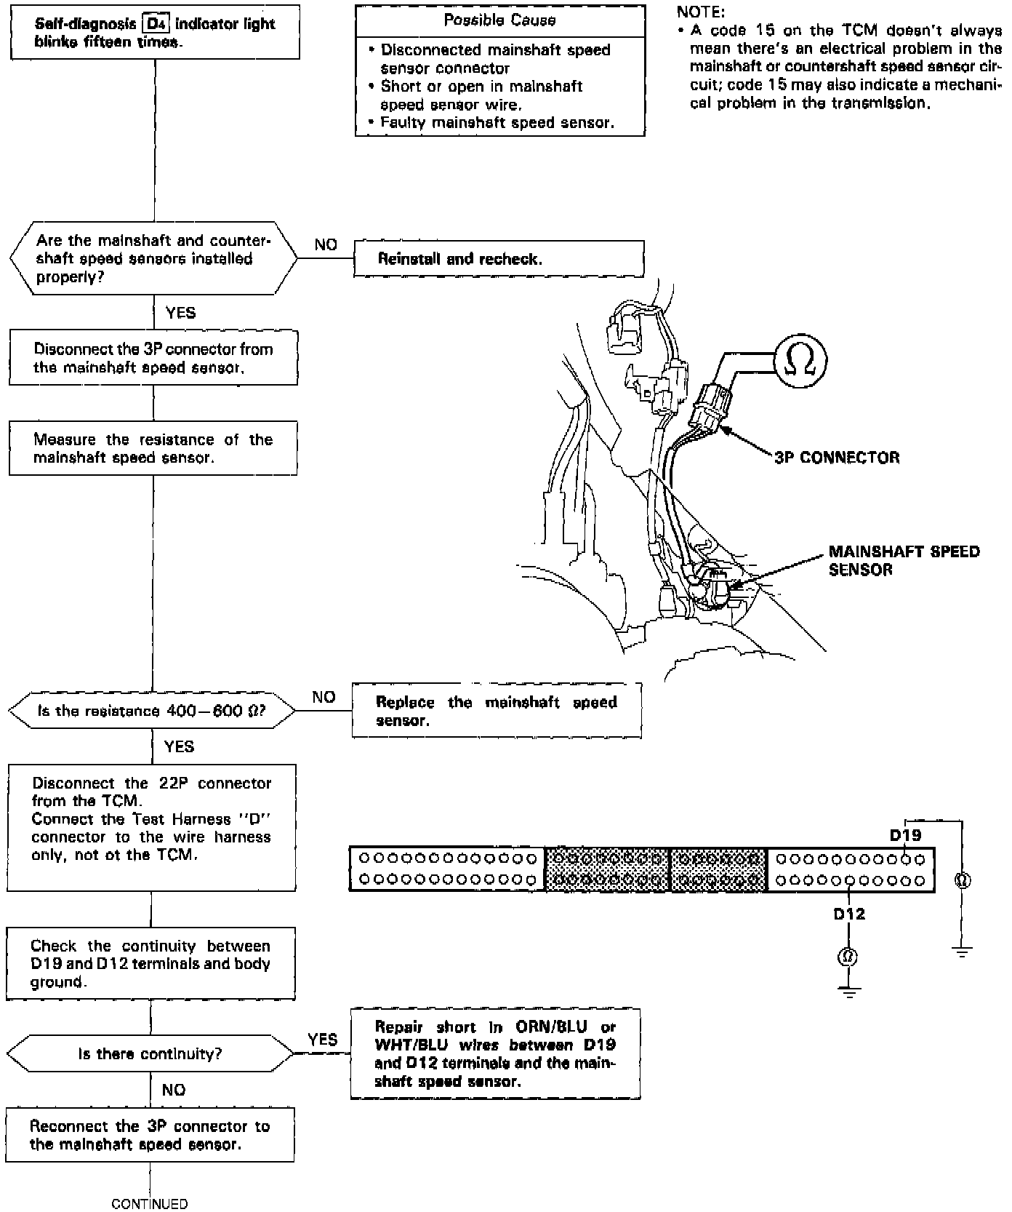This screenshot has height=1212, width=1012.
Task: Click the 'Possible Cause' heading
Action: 499,20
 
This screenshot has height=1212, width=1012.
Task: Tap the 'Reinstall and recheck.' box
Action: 499,259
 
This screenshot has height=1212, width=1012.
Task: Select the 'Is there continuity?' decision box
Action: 150,1053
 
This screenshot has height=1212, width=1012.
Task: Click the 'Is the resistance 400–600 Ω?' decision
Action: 151,711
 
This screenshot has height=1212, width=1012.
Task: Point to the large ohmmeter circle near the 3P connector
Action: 800,360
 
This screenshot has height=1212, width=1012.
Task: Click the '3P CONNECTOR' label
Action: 837,458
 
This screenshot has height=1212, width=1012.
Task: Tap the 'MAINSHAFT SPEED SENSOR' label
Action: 904,560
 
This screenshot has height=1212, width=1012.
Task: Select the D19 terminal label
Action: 905,835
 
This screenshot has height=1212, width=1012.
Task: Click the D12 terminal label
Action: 849,914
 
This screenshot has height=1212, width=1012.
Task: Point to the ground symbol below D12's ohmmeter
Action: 848,991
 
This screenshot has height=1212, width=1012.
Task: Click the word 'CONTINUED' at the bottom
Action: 149,1204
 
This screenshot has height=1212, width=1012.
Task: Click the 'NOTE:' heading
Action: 701,12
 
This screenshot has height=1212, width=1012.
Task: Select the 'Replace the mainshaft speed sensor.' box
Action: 497,711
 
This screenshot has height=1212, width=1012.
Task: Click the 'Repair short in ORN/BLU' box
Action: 495,1053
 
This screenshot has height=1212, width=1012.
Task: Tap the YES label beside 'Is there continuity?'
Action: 322,1040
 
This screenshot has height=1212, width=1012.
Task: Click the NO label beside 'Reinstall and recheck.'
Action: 326,244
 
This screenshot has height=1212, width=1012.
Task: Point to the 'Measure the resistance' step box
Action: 153,448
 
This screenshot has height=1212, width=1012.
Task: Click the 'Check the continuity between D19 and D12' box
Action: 150,963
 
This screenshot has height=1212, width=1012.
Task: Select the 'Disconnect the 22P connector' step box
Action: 151,827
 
